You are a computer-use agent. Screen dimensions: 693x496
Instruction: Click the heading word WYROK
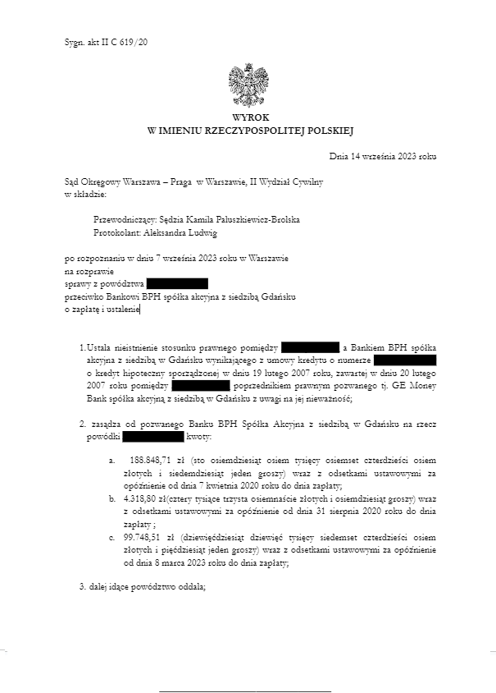click(x=249, y=118)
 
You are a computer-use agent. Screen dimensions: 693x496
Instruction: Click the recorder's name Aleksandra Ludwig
click(x=180, y=232)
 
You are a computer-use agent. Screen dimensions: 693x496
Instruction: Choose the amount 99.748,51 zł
click(x=144, y=539)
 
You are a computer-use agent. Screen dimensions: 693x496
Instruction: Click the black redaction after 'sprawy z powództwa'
click(x=177, y=283)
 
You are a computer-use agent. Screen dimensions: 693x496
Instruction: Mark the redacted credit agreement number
click(x=405, y=360)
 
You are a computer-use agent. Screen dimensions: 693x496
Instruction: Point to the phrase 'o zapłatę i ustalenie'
click(x=102, y=309)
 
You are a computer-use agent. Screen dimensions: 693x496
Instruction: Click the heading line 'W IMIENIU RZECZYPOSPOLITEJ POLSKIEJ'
click(x=249, y=131)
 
